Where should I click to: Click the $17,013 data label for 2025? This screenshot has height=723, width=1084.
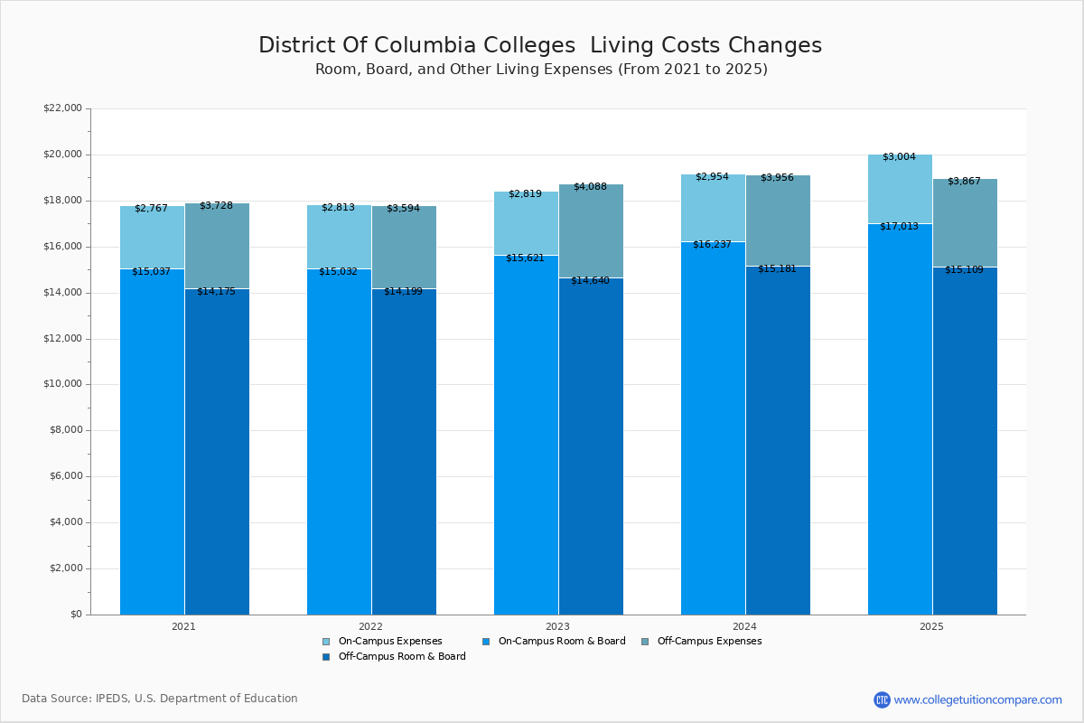point(899,226)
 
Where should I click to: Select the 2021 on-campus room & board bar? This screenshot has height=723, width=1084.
point(152,443)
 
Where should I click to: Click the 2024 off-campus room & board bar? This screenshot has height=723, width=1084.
point(778,443)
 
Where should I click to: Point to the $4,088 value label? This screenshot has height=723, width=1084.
point(590,187)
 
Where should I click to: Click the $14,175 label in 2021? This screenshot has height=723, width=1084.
point(216,291)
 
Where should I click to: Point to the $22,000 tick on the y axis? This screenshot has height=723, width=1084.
point(62,108)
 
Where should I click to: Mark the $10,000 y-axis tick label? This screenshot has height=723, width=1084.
point(62,384)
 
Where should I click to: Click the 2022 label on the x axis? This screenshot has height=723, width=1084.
point(370,626)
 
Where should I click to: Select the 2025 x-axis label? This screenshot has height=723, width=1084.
point(931,626)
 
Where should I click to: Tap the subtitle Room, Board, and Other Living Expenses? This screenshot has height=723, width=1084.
point(541,70)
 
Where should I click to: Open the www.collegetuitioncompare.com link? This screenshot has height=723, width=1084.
point(977,700)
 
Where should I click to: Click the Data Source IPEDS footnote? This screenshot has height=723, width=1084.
point(160,699)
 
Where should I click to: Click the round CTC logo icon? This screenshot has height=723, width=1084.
point(882,700)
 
